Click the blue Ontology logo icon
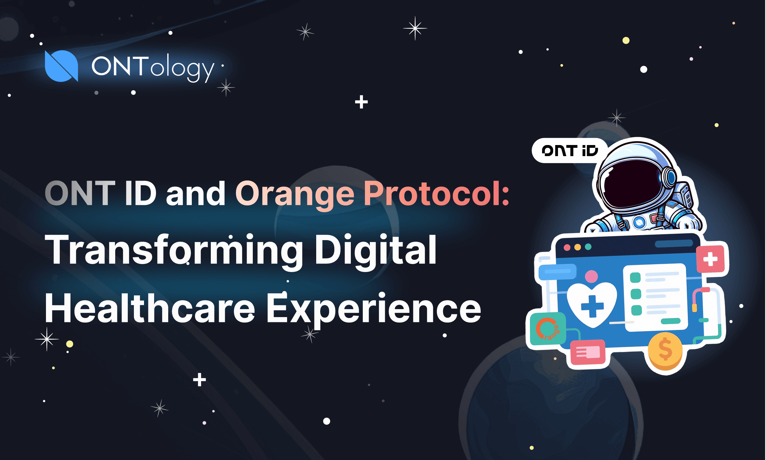click(61, 66)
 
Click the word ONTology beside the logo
click(153, 67)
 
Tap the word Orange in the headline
click(294, 194)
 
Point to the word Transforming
click(174, 251)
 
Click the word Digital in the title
click(376, 251)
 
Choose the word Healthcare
click(150, 308)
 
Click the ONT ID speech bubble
click(569, 151)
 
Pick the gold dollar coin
click(665, 351)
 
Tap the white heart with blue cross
click(592, 304)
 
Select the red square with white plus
click(711, 259)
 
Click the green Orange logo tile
click(548, 329)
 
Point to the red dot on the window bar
click(567, 247)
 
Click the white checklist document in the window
click(655, 297)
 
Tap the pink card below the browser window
click(588, 352)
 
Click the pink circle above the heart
click(591, 276)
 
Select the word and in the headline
click(196, 194)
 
